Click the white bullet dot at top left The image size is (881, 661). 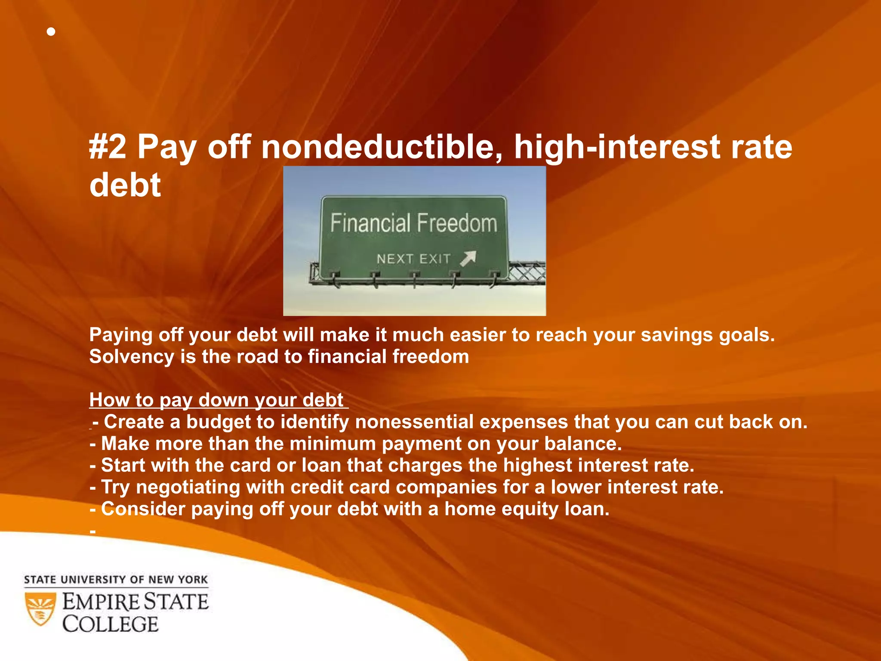(51, 32)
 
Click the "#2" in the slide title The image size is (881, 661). (108, 147)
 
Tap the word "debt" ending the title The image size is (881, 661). (125, 185)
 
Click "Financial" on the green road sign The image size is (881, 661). (370, 223)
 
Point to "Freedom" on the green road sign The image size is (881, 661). (457, 223)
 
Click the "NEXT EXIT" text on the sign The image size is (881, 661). (413, 259)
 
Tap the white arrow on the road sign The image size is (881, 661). (468, 258)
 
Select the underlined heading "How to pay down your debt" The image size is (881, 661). (216, 400)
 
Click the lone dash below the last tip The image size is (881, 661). (92, 532)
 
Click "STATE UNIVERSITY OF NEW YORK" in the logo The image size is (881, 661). (116, 580)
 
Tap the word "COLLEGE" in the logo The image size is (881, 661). (111, 624)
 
